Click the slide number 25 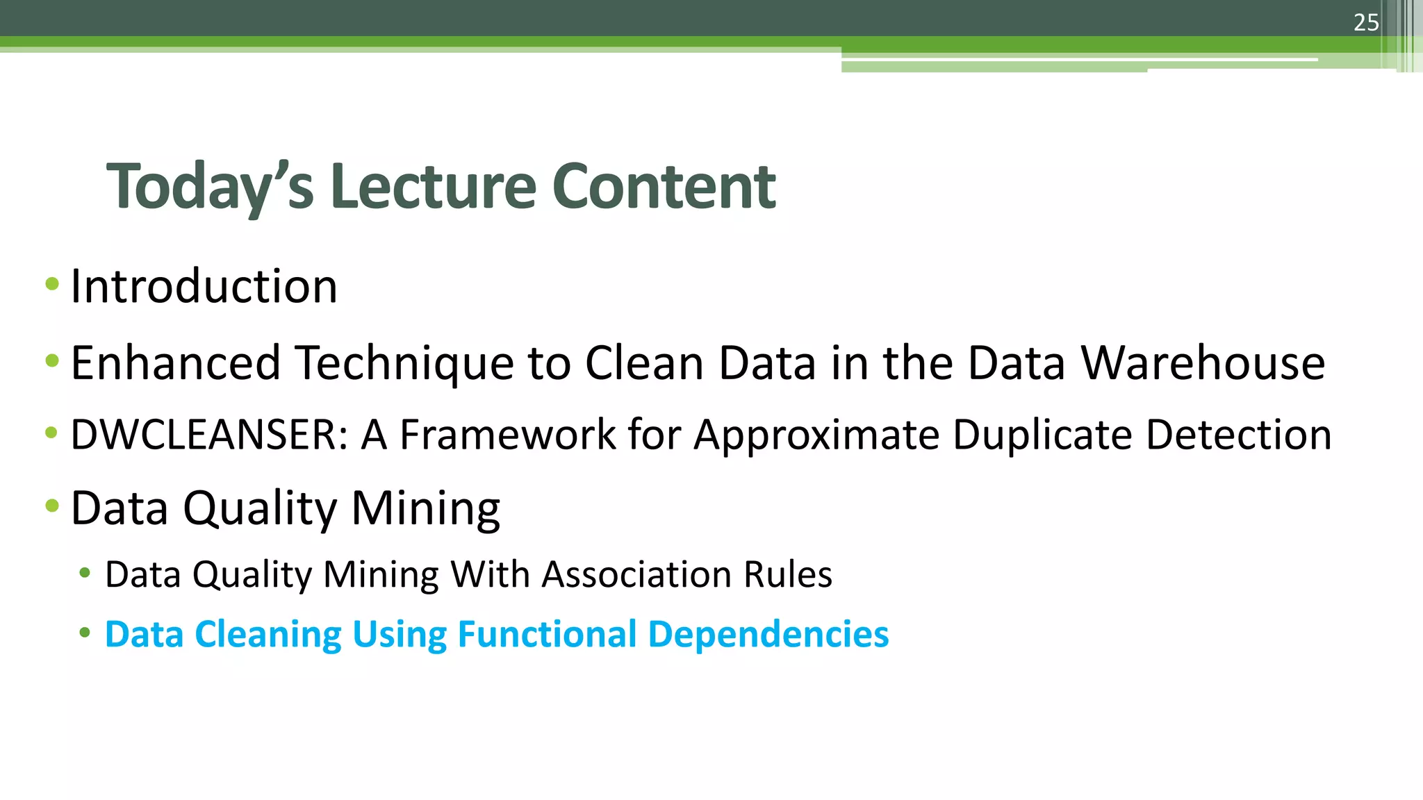click(x=1365, y=23)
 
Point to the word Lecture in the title click(x=433, y=186)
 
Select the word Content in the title click(x=664, y=186)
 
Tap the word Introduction click(x=204, y=286)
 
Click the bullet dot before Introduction click(x=51, y=283)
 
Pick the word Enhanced click(x=176, y=362)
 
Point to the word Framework click(x=508, y=435)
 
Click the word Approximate click(x=816, y=436)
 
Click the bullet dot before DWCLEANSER click(x=51, y=433)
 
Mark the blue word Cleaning click(x=268, y=635)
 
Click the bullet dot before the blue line click(x=85, y=633)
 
